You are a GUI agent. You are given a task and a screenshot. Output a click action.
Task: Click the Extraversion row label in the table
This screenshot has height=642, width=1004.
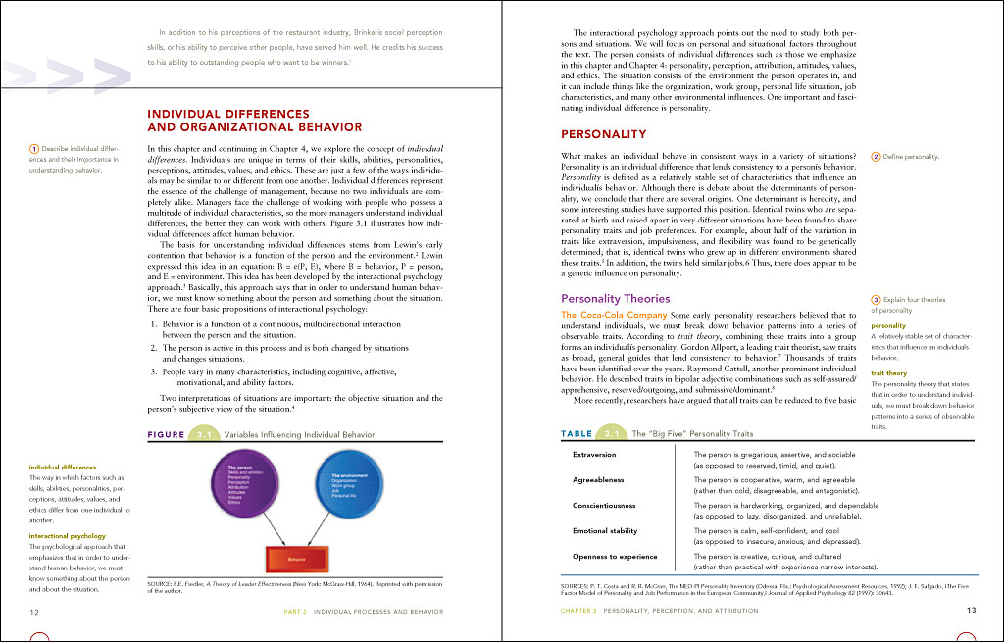click(594, 455)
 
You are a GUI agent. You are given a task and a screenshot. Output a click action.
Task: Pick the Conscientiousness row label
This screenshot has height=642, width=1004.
click(604, 505)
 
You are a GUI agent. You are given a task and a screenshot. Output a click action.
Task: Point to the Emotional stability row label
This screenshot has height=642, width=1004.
click(605, 530)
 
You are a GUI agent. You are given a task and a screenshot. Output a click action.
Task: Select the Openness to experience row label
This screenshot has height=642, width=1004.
click(615, 556)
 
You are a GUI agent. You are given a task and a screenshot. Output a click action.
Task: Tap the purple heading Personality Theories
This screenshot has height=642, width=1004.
click(615, 298)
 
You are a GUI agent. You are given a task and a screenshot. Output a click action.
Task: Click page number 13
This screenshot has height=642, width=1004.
click(971, 610)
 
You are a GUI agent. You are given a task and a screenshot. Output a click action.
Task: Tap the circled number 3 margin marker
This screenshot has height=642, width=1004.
click(875, 299)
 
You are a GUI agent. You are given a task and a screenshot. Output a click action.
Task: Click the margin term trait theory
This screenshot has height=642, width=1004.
click(888, 373)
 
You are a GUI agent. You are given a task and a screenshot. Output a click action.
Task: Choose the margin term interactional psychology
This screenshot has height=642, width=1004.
click(68, 536)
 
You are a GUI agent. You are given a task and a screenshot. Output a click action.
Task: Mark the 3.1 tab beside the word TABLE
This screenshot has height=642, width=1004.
click(612, 433)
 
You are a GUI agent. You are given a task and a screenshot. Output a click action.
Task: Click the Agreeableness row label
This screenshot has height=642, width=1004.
click(599, 480)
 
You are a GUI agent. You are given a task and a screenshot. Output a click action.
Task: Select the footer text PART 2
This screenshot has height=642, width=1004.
click(297, 610)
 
